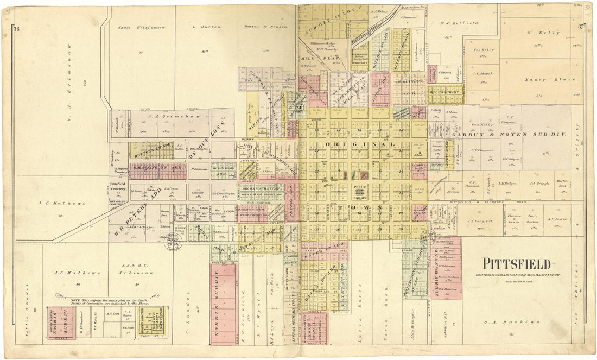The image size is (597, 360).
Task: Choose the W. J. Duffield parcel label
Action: [x=451, y=23]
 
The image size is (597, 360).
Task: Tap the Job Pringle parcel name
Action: [x=537, y=184]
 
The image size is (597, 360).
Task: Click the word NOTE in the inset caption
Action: [x=77, y=299]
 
